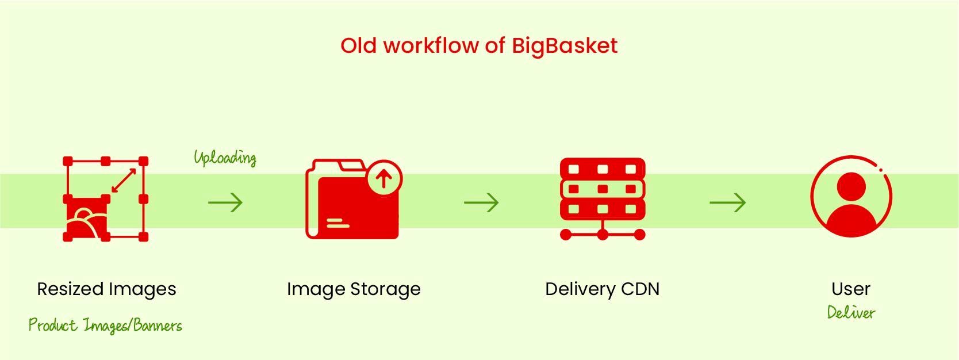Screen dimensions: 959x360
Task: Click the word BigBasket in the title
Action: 565,46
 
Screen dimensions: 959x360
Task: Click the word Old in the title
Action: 358,45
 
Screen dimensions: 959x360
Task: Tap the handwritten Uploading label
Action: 225,158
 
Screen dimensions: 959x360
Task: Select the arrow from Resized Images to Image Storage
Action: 225,202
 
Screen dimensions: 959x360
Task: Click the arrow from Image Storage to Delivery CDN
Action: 481,202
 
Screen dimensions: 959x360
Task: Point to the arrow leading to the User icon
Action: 728,202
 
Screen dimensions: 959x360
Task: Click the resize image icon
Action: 106,199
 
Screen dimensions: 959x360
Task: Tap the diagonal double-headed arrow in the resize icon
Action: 124,180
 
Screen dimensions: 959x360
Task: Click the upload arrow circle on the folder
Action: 384,178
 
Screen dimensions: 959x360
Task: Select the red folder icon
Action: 354,199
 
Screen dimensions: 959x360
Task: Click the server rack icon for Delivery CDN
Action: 603,199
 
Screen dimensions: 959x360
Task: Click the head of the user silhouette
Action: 851,187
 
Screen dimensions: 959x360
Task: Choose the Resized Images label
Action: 106,289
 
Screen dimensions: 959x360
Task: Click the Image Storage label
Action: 354,289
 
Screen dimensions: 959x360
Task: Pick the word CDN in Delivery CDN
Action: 640,289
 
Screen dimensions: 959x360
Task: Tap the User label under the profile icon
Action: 851,289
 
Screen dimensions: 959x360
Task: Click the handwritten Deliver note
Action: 851,312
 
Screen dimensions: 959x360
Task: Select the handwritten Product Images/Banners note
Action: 105,325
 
